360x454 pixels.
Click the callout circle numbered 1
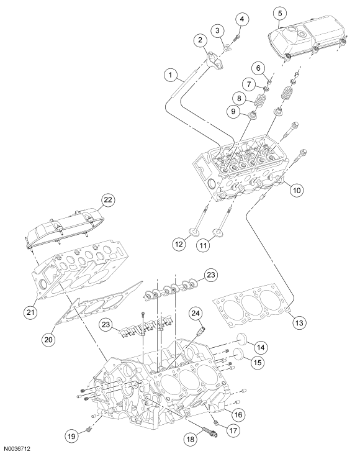171,75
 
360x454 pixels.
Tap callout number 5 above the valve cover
280,13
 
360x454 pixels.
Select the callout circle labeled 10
297,190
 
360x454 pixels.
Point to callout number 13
299,322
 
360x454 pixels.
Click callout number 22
108,200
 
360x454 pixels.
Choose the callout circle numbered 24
196,314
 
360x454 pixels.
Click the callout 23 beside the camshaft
210,274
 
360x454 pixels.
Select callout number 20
48,339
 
